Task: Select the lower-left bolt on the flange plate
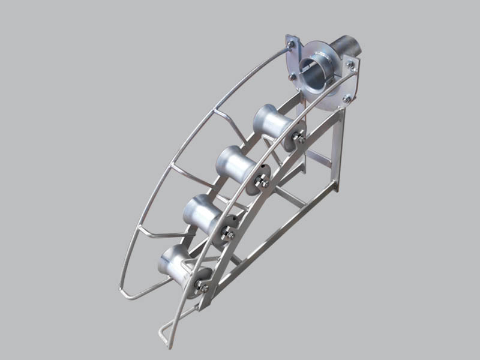pyautogui.click(x=292, y=76)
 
